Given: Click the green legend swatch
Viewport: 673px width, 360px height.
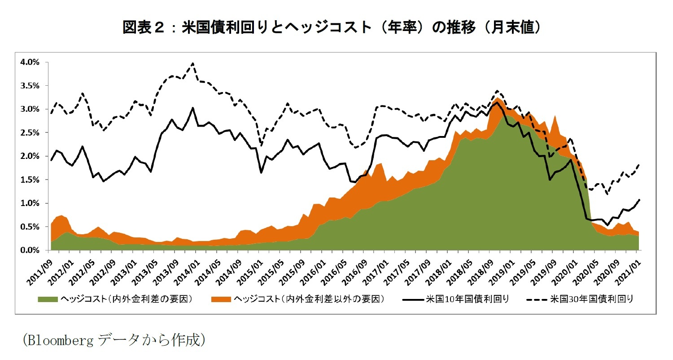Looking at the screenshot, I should pos(48,299).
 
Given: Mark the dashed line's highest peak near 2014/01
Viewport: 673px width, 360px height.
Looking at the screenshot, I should pos(193,63).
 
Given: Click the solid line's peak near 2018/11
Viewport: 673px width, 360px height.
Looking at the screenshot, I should pos(496,102).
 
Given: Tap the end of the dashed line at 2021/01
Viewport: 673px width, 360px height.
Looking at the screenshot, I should pos(638,165).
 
